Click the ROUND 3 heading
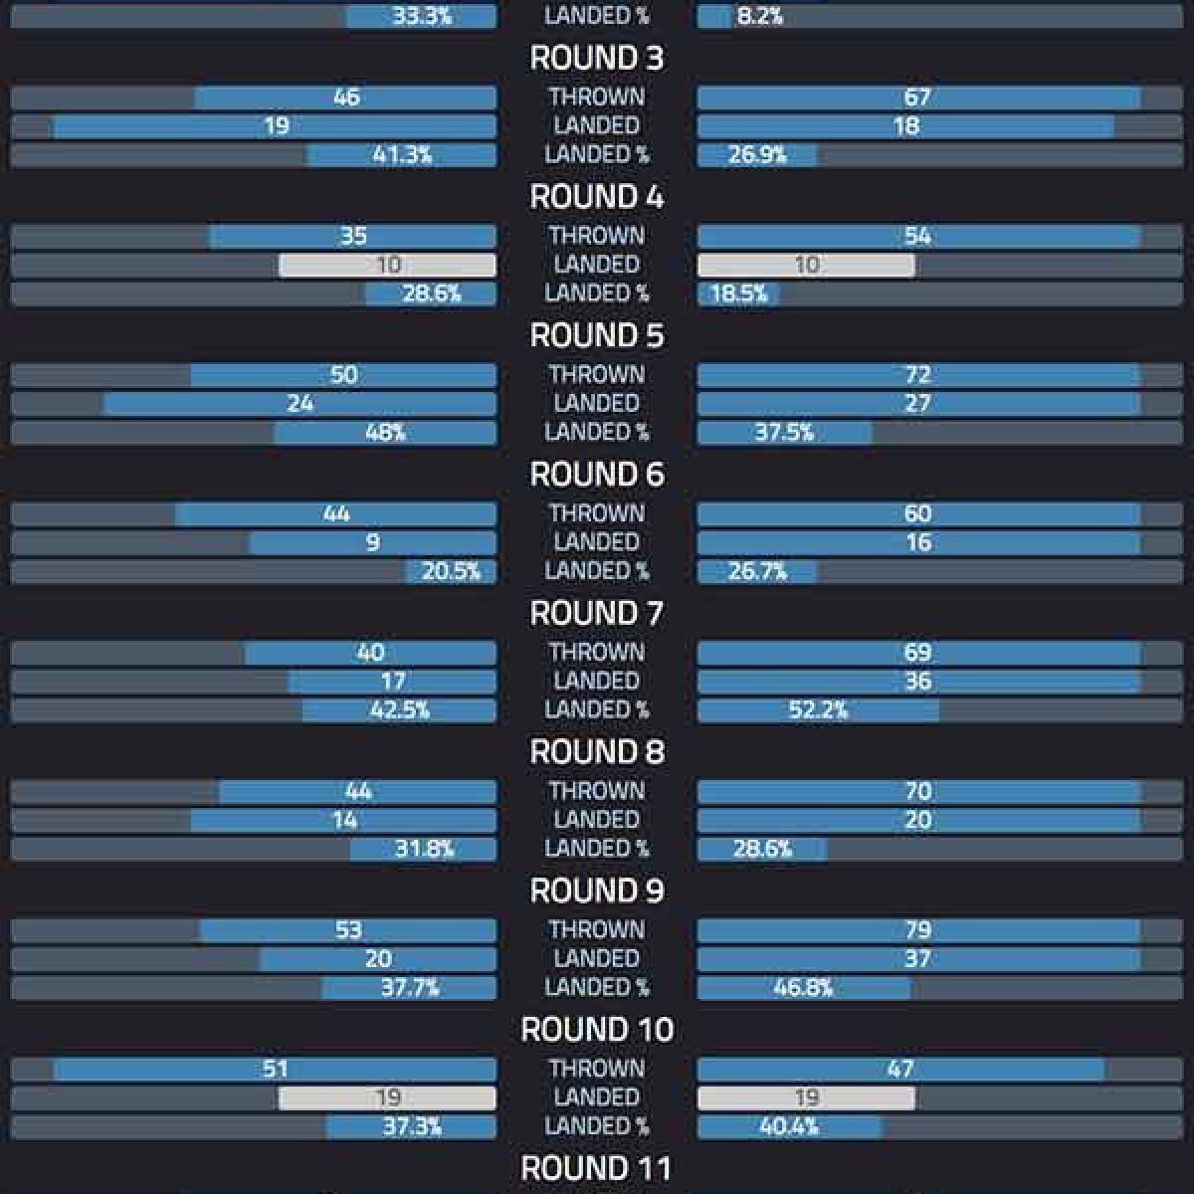(596, 59)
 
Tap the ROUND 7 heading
(596, 614)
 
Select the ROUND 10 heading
(597, 1030)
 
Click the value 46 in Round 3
(346, 98)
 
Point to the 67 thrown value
(916, 98)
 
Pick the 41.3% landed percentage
(402, 155)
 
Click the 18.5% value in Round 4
(739, 294)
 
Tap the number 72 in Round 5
(916, 375)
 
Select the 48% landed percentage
(384, 433)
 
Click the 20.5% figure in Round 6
(451, 571)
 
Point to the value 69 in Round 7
(916, 653)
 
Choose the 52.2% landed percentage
(818, 710)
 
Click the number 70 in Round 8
(916, 791)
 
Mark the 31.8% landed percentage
(424, 849)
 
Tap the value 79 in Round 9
(916, 930)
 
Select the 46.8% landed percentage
(803, 988)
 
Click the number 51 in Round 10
(276, 1069)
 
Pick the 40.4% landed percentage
(788, 1126)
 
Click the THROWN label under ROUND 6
(596, 513)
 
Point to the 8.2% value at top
(759, 16)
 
